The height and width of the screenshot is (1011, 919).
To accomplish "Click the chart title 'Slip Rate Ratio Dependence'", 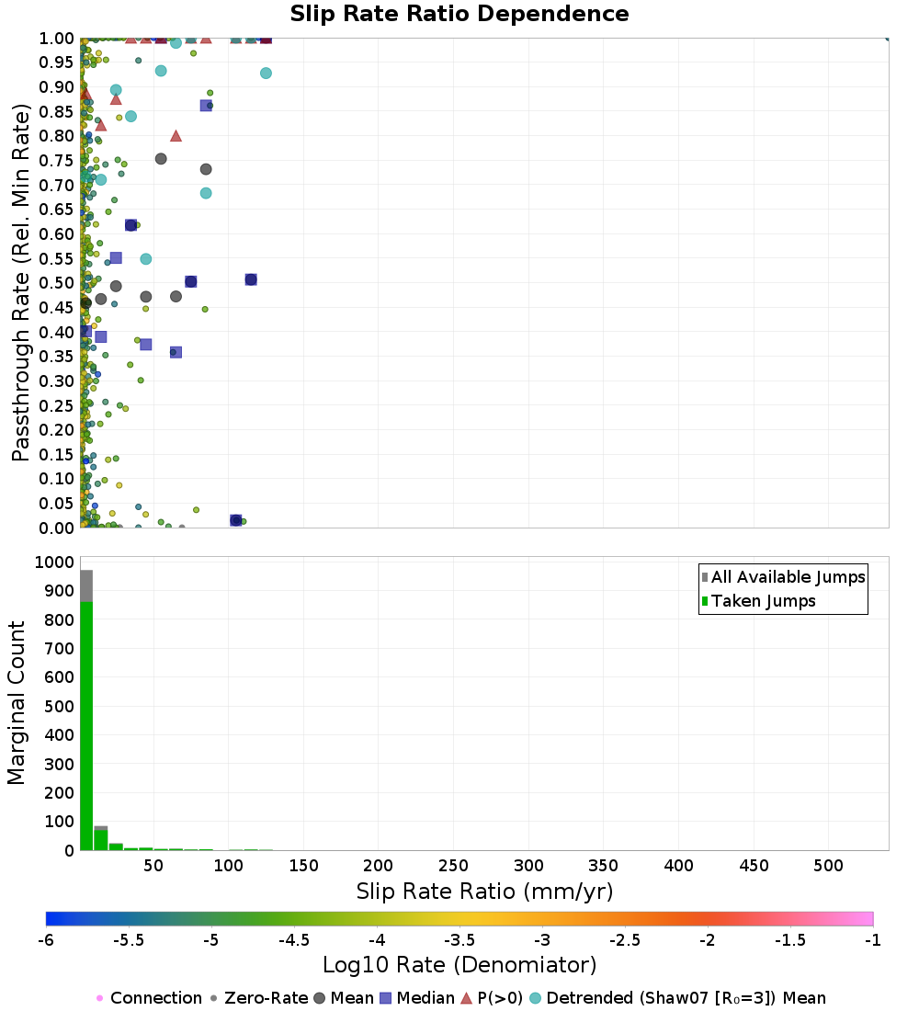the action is tap(459, 14).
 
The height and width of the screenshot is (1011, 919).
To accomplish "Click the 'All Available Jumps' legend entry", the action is tap(783, 576).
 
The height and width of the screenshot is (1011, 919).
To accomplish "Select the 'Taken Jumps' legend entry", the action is tap(758, 601).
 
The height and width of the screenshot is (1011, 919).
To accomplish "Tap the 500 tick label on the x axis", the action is tap(828, 865).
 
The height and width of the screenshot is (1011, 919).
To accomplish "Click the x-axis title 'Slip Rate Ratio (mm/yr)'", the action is tap(484, 892).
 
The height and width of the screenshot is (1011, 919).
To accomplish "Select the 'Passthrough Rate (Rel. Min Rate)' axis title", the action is tap(20, 282).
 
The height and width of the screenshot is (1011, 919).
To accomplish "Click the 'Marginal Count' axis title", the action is tap(17, 703).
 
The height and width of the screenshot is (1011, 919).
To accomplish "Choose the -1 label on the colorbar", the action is tap(872, 940).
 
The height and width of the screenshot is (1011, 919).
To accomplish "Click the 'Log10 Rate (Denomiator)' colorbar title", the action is tap(459, 964).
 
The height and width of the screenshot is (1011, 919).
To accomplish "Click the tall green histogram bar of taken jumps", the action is tap(86, 726).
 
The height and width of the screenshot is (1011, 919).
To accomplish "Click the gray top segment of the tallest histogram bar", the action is tap(86, 586).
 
